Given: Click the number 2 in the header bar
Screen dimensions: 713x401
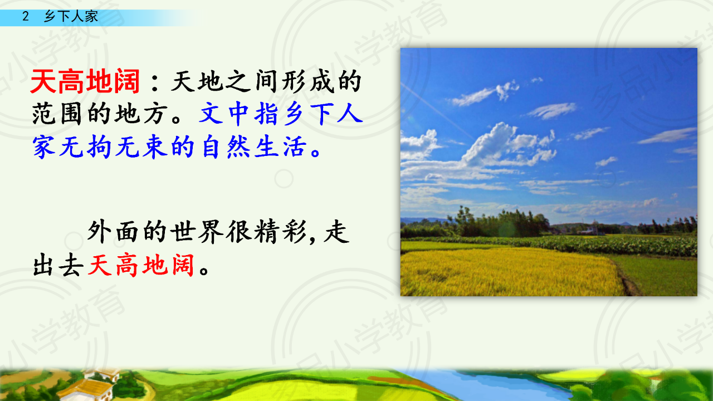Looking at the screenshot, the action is [x=26, y=16].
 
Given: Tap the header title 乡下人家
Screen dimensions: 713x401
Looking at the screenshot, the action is [x=71, y=16].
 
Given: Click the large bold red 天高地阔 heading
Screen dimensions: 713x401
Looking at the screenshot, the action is [x=85, y=81].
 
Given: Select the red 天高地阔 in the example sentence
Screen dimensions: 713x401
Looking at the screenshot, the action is [x=141, y=265].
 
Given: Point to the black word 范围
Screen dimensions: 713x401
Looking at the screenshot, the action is [x=59, y=114].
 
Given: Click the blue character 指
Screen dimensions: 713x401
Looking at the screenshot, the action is [x=266, y=114].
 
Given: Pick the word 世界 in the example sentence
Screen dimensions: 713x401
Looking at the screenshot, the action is [x=197, y=232].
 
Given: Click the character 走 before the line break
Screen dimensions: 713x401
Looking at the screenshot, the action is [x=337, y=232].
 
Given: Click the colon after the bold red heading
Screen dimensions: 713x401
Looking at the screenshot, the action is [x=155, y=83].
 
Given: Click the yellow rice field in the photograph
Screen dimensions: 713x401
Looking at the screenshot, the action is [x=509, y=272].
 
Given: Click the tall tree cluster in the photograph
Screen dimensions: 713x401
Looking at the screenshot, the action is [x=496, y=222].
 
